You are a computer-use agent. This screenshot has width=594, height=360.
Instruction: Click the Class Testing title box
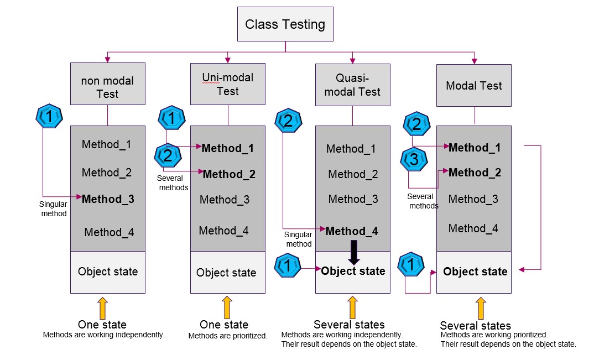click(x=285, y=24)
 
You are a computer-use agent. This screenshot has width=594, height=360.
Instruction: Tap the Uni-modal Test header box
click(x=227, y=84)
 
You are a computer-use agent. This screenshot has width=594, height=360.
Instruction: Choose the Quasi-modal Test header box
click(x=352, y=85)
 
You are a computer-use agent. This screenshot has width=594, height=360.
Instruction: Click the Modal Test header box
click(x=474, y=85)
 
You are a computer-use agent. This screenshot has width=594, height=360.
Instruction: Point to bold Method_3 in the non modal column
click(x=108, y=199)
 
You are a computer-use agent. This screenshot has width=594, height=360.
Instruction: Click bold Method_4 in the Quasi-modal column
click(x=352, y=231)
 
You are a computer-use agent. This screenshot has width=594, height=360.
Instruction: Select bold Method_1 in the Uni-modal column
click(x=228, y=148)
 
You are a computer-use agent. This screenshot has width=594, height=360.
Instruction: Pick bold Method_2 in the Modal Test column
click(x=475, y=173)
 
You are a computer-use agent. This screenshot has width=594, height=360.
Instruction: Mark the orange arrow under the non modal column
click(x=102, y=307)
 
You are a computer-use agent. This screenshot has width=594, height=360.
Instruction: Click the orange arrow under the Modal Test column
click(x=481, y=308)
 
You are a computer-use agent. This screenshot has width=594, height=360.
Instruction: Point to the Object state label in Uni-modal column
click(x=226, y=273)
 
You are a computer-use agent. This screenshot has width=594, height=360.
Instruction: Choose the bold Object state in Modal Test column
click(x=475, y=272)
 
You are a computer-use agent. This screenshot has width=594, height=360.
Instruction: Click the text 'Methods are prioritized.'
click(x=228, y=336)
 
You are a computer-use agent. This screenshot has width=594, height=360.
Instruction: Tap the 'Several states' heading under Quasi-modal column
click(x=349, y=325)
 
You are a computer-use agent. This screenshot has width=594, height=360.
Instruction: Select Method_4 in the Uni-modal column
click(x=223, y=230)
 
